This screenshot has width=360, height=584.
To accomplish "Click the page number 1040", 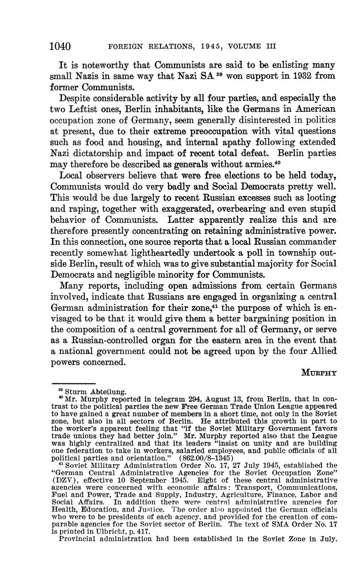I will tap(60, 46).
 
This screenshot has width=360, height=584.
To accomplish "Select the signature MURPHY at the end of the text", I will tap(319, 373).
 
